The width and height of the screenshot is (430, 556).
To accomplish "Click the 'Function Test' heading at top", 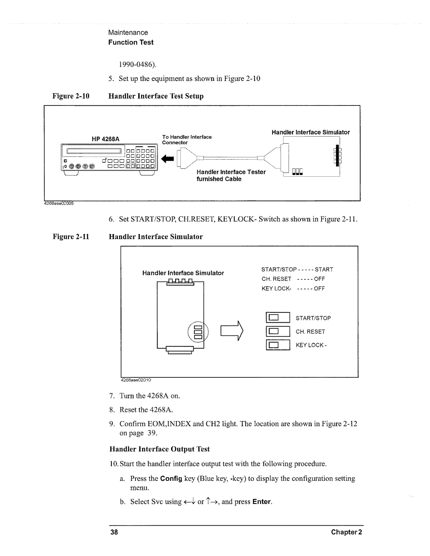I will [131, 42].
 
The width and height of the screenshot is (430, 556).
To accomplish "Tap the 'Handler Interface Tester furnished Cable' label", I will [231, 176].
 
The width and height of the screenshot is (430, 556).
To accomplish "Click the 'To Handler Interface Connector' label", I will [187, 140].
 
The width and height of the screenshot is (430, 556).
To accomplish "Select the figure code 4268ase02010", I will [136, 380].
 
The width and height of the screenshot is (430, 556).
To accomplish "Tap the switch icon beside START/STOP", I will [278, 318].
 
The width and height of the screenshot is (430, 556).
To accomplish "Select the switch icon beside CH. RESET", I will [278, 332].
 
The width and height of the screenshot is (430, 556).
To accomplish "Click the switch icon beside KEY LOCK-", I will [278, 345].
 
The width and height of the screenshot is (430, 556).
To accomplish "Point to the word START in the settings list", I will [324, 269].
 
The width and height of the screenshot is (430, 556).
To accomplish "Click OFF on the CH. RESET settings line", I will [319, 279].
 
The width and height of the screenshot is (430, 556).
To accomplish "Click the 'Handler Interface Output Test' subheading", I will [159, 449].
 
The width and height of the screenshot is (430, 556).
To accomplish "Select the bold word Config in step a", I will [171, 478].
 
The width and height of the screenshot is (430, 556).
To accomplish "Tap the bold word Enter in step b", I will [262, 502].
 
